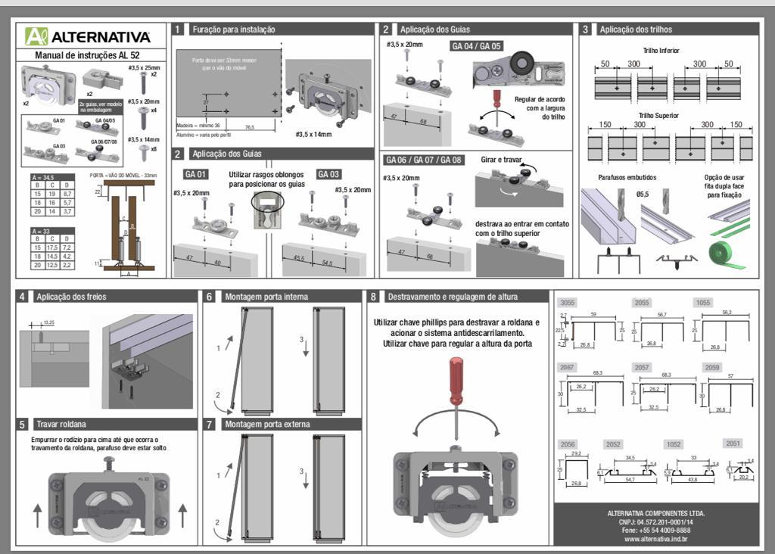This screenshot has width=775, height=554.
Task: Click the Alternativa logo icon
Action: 36,36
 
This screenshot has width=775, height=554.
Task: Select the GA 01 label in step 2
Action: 195,174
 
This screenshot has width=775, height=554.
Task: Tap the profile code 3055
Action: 567,302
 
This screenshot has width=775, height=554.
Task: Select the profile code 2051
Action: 733,444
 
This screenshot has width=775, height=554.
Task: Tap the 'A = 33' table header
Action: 42,231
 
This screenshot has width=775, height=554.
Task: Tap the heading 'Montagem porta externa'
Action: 266,424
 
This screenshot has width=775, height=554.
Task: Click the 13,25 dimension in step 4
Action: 49,322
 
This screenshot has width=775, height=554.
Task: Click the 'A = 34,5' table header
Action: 45,176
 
